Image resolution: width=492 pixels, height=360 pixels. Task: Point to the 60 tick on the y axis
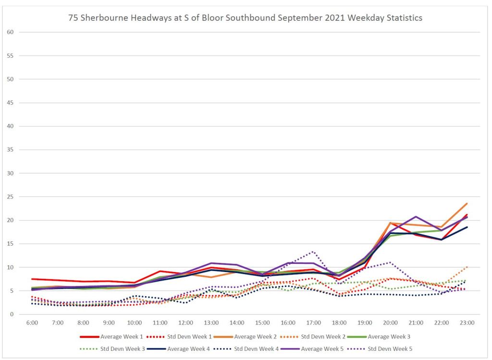click(9, 32)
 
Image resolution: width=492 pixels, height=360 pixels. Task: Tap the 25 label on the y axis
click(9, 197)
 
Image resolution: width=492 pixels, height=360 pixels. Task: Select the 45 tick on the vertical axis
click(9, 103)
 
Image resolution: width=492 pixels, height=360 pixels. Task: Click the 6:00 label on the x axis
click(32, 323)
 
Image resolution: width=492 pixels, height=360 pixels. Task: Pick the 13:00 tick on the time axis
click(211, 323)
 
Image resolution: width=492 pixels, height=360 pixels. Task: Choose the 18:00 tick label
click(339, 323)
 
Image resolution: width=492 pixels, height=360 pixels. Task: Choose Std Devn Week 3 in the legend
click(122, 348)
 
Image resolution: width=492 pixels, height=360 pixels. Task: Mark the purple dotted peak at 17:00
click(314, 251)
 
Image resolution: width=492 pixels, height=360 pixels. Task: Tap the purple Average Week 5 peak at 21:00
click(416, 217)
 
